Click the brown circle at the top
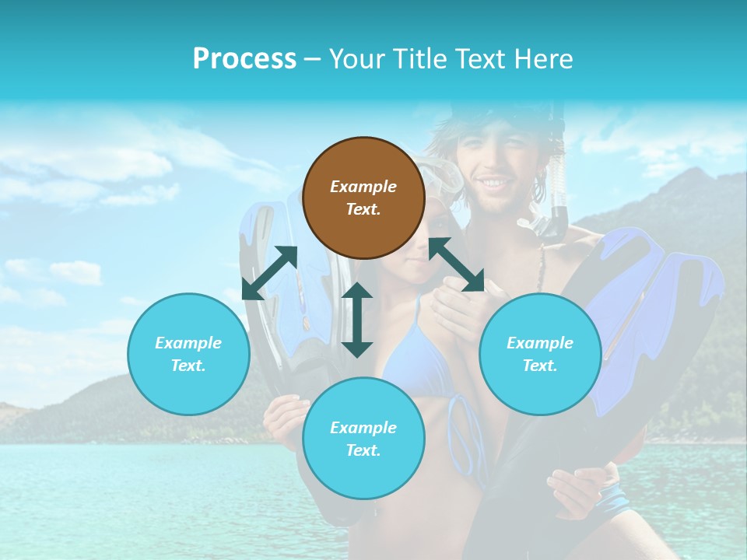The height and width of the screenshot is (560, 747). tap(363, 198)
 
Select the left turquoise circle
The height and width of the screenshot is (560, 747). tap(188, 354)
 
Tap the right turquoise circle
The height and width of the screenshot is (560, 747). tap(540, 354)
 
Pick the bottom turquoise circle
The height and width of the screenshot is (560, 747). tap(363, 439)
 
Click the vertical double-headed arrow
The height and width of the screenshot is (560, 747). tap(357, 320)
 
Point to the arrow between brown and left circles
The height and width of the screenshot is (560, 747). tap(269, 273)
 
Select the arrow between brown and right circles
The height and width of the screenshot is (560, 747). tap(456, 264)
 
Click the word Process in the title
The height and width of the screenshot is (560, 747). tap(244, 59)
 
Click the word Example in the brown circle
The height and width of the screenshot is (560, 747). tap(363, 187)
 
